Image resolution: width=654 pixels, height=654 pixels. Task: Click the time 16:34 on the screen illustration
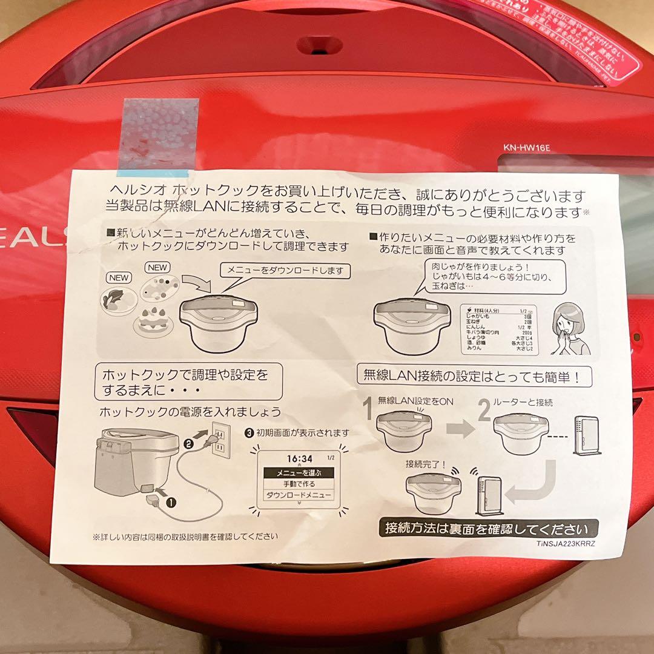pyautogui.click(x=299, y=458)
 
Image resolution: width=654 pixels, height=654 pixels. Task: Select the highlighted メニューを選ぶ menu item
pyautogui.click(x=300, y=472)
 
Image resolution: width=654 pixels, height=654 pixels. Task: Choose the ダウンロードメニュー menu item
pyautogui.click(x=300, y=495)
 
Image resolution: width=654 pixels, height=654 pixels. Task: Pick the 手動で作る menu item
pyautogui.click(x=300, y=484)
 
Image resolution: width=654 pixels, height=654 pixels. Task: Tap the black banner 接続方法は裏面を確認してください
pyautogui.click(x=488, y=528)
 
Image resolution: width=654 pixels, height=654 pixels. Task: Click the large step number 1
pyautogui.click(x=368, y=417)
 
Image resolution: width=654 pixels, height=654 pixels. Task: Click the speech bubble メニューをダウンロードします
pyautogui.click(x=285, y=271)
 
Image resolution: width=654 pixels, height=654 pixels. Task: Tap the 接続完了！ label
pyautogui.click(x=425, y=465)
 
